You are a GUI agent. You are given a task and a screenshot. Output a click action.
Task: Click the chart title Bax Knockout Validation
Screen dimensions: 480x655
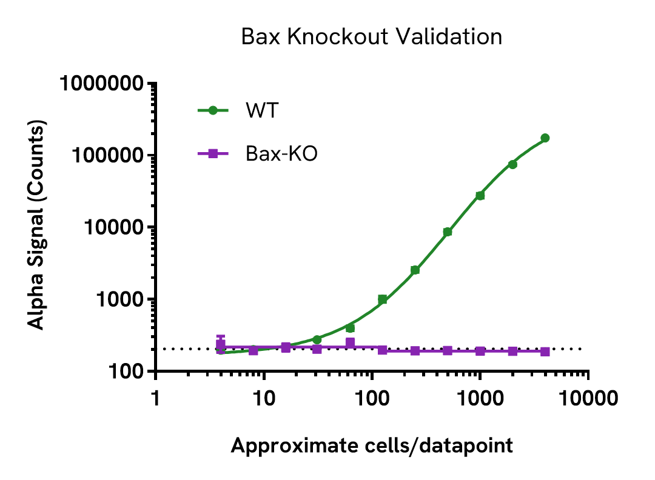pos(371,37)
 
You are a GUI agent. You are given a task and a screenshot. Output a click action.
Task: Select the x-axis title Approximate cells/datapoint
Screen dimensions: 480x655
pos(372,446)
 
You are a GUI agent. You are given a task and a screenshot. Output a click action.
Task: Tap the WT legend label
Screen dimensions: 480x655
pos(262,111)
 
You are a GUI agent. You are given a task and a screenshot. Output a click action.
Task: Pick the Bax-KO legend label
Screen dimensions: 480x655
pos(281,154)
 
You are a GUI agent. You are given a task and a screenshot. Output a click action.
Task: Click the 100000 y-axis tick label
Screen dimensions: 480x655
pos(109,155)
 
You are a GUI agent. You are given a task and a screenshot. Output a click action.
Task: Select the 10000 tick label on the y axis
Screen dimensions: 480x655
pos(115,227)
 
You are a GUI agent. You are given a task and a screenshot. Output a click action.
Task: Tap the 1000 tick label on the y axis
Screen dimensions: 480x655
pos(121,299)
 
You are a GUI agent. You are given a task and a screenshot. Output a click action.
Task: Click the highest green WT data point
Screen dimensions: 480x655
pos(545,138)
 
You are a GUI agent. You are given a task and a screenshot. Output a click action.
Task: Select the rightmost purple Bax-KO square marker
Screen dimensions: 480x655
pos(545,352)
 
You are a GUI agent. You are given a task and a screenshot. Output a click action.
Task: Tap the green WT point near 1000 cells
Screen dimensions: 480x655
pos(480,195)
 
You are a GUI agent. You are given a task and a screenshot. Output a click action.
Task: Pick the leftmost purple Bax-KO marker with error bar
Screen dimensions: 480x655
pos(221,345)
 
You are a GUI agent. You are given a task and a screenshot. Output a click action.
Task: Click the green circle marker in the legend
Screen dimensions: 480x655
pos(212,110)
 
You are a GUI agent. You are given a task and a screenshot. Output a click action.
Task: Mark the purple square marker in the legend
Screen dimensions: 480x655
pos(212,154)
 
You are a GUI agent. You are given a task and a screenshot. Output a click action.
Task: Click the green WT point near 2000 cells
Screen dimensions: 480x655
pos(512,164)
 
